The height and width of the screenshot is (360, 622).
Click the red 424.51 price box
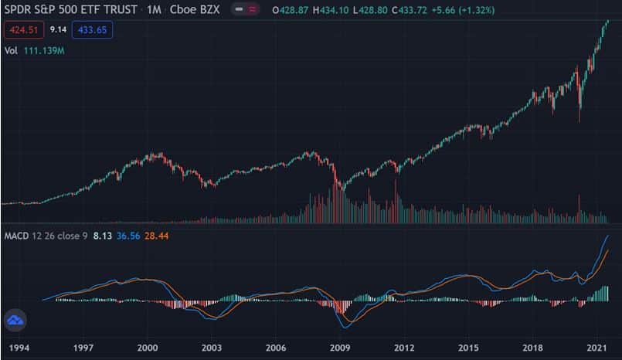pyautogui.click(x=24, y=30)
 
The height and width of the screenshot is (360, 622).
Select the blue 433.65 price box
pyautogui.click(x=92, y=30)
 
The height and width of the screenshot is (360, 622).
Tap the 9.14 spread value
pyautogui.click(x=58, y=29)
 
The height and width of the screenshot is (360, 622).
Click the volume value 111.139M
pyautogui.click(x=44, y=51)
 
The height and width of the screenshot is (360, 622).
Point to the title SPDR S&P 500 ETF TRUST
pyautogui.click(x=70, y=9)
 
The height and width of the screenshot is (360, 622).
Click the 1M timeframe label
pyautogui.click(x=154, y=9)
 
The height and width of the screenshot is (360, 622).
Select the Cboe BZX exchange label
pyautogui.click(x=195, y=9)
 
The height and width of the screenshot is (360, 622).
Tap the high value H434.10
pyautogui.click(x=331, y=10)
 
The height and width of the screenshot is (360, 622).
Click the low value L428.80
pyautogui.click(x=370, y=10)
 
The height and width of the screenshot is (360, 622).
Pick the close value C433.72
pyautogui.click(x=410, y=10)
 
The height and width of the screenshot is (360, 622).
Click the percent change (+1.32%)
pyautogui.click(x=477, y=10)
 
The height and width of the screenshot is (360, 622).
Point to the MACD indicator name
pyautogui.click(x=16, y=236)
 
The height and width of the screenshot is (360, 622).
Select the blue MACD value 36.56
pyautogui.click(x=128, y=236)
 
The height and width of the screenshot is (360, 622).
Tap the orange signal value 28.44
pyautogui.click(x=156, y=236)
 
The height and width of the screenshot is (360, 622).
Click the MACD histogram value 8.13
pyautogui.click(x=102, y=236)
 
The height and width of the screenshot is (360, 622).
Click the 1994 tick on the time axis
pyautogui.click(x=19, y=348)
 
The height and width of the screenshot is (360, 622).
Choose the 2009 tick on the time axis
pyautogui.click(x=340, y=348)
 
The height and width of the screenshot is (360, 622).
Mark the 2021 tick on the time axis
pyautogui.click(x=597, y=348)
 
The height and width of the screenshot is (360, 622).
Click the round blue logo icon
pyautogui.click(x=15, y=320)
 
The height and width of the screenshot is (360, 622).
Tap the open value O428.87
pyautogui.click(x=291, y=10)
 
